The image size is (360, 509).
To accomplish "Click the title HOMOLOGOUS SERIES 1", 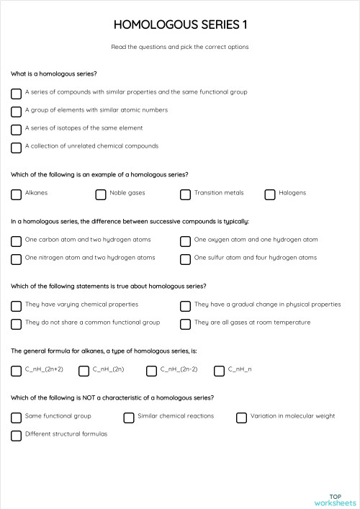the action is [180, 25].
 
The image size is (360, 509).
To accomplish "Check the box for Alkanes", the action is [16, 194].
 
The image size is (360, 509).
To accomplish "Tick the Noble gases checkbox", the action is [101, 194].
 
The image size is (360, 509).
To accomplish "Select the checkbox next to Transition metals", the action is [185, 194].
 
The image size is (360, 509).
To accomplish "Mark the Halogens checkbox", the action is [270, 194].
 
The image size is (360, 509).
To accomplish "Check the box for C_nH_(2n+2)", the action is [16, 371].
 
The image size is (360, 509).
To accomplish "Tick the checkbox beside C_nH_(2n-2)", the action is [151, 371].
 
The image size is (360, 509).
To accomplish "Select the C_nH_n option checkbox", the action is [219, 371].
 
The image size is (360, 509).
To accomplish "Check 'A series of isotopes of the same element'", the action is [16, 130].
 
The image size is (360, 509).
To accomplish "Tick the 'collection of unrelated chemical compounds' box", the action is [16, 148].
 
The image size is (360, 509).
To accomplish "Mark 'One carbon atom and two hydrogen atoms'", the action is [16, 241].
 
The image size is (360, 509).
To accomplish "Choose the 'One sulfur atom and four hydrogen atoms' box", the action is [185, 259].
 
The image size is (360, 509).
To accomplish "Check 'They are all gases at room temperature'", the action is [185, 324].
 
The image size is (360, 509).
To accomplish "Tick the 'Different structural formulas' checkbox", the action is [16, 436].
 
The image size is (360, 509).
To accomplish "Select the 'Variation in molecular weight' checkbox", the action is [241, 418].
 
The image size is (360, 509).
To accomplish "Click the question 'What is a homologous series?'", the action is [54, 74].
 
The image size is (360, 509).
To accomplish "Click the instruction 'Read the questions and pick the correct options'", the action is [180, 47].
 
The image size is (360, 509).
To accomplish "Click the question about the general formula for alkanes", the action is [104, 351].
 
